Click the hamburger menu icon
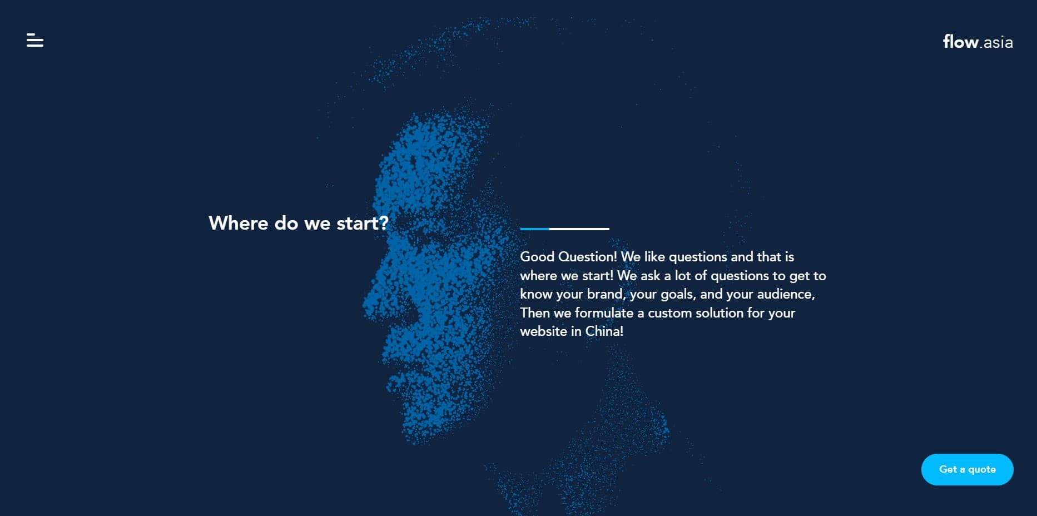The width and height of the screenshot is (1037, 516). point(34,40)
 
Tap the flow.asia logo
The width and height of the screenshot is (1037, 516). point(978,42)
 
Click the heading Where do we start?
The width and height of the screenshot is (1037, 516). point(299,223)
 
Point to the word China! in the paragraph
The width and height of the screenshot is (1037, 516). point(604,331)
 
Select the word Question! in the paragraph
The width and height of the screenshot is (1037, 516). point(587,257)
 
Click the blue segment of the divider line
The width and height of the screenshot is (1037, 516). point(534,229)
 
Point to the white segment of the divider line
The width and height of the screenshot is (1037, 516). point(579,229)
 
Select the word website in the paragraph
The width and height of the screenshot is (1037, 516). point(543,331)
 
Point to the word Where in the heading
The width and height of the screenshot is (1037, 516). point(239,223)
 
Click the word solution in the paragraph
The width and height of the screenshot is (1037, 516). point(719,313)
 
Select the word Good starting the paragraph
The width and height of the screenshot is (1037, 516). point(537,257)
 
